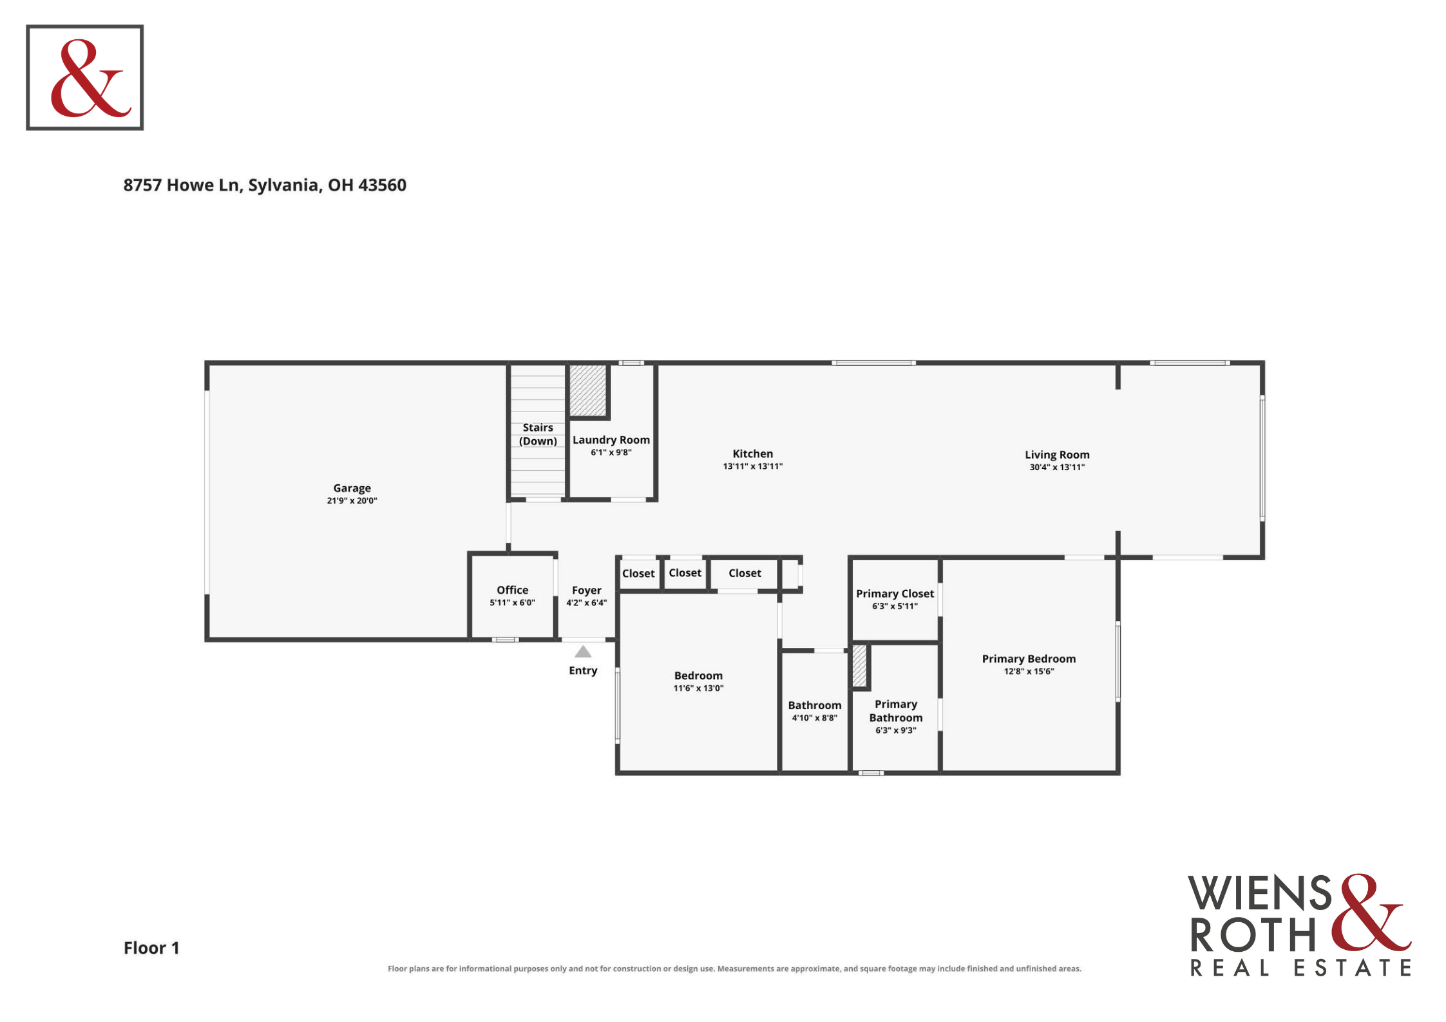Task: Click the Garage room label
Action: [352, 488]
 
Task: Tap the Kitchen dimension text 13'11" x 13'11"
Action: [752, 466]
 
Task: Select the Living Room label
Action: [1057, 455]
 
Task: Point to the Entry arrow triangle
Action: [583, 651]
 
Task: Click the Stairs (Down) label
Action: [538, 434]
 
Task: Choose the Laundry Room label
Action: [611, 440]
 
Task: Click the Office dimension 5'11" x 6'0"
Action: [512, 603]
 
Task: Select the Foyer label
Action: [586, 591]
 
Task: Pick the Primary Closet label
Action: [895, 594]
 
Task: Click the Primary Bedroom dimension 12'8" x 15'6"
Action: [1029, 671]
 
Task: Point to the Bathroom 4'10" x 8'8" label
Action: [815, 711]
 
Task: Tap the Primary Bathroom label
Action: [896, 711]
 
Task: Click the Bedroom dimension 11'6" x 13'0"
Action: [698, 688]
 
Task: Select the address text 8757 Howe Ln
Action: [181, 185]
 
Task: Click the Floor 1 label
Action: [151, 948]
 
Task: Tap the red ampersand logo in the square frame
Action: [91, 78]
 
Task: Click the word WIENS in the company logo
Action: [1260, 893]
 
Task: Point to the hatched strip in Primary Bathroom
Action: [859, 665]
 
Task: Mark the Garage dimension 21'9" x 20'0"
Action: [352, 500]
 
